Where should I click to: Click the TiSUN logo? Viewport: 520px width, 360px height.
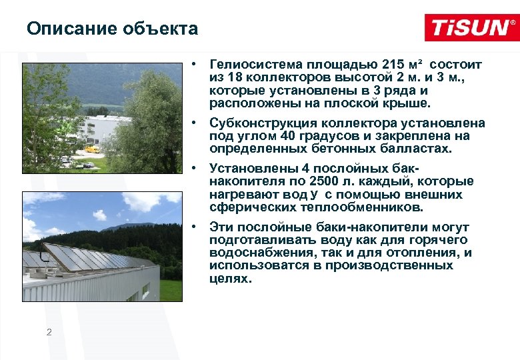tap(470, 28)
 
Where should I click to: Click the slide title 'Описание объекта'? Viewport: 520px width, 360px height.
tap(113, 29)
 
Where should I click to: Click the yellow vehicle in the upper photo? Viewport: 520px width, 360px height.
tap(92, 149)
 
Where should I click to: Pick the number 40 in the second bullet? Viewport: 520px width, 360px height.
tap(279, 136)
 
